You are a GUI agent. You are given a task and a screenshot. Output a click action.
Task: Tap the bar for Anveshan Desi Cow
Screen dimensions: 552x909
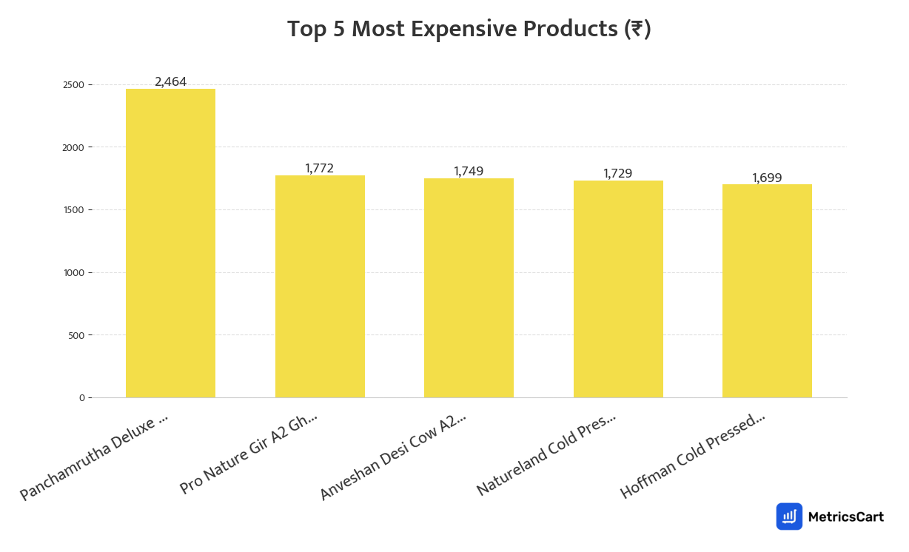pyautogui.click(x=469, y=288)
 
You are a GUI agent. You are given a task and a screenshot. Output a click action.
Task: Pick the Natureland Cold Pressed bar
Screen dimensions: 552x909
pyautogui.click(x=618, y=289)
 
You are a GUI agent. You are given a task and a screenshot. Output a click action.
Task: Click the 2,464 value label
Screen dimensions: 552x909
pyautogui.click(x=170, y=82)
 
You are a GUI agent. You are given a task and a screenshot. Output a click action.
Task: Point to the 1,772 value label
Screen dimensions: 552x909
pyautogui.click(x=320, y=169)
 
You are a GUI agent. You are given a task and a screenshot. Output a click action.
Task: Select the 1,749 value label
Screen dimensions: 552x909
pyautogui.click(x=469, y=172)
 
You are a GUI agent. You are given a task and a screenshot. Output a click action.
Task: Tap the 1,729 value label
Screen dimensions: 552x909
pyautogui.click(x=618, y=174)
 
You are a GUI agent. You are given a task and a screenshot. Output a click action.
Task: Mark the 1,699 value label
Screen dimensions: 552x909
pyautogui.click(x=767, y=178)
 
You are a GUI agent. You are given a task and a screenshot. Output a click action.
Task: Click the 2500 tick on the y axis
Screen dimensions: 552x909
pyautogui.click(x=73, y=85)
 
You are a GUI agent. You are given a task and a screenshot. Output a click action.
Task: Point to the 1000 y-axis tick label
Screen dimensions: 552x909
pyautogui.click(x=73, y=273)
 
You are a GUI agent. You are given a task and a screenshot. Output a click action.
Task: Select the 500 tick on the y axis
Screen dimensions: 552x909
pyautogui.click(x=76, y=335)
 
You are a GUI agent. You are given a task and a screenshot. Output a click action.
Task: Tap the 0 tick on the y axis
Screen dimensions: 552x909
pyautogui.click(x=81, y=398)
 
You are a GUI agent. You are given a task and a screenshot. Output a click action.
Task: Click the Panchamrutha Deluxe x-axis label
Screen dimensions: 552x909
pyautogui.click(x=94, y=457)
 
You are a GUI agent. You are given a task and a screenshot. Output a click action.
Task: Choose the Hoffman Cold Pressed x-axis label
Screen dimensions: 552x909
pyautogui.click(x=692, y=456)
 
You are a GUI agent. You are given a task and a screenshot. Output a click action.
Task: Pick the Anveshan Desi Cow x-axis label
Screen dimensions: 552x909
pyautogui.click(x=393, y=457)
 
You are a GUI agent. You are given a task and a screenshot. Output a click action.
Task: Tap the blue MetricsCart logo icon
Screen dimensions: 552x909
pyautogui.click(x=789, y=516)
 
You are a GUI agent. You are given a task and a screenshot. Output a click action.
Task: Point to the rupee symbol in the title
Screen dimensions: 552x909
pyautogui.click(x=636, y=30)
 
